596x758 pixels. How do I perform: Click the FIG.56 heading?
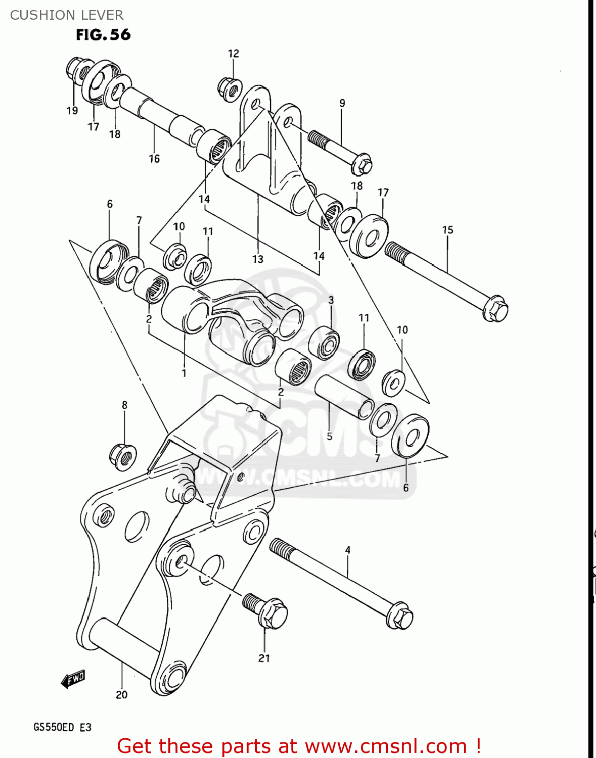tap(103, 34)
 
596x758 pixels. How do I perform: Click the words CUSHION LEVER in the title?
tap(66, 15)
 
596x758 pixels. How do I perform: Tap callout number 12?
tap(233, 54)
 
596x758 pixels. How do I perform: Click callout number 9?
tap(342, 103)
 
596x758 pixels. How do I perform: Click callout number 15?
tap(447, 230)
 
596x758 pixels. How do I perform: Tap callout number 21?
tap(264, 658)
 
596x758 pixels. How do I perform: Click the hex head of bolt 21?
tap(273, 614)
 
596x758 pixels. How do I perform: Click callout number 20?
tap(121, 695)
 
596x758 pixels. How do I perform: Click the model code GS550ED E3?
tap(62, 727)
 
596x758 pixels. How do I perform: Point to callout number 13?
tap(258, 259)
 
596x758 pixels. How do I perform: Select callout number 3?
tap(331, 300)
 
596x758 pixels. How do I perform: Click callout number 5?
tap(330, 436)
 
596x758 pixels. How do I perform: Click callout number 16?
tap(154, 159)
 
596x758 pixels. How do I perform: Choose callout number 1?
tap(184, 373)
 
